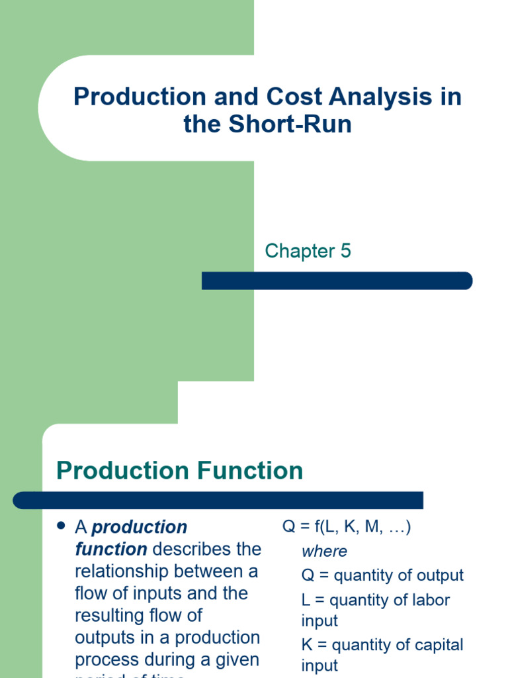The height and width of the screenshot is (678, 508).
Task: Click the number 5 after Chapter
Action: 345,251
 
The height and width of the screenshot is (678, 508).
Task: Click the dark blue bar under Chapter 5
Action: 337,281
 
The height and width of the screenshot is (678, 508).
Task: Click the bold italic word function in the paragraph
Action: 110,550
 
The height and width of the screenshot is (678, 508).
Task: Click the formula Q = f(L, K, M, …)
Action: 347,527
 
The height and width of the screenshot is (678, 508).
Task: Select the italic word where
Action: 324,551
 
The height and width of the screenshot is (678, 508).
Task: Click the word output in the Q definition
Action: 440,575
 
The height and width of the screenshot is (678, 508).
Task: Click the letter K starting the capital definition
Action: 307,645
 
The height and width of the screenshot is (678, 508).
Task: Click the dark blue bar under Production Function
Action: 218,500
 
